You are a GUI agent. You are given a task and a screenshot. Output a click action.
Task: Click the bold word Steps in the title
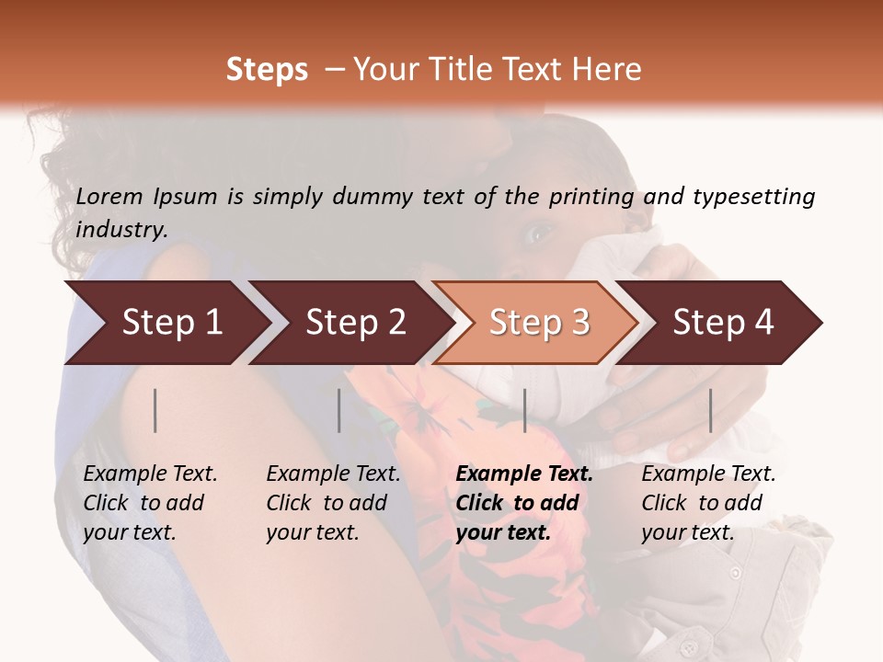pos(267,70)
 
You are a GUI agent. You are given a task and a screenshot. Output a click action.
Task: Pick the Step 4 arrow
pos(721,323)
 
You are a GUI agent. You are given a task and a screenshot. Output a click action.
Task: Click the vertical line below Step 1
pos(155,410)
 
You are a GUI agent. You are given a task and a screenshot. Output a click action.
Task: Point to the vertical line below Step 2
pos(339,410)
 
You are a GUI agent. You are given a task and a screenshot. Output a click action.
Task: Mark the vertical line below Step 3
pos(524,410)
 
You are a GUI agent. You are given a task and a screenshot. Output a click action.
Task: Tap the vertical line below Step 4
pos(710,410)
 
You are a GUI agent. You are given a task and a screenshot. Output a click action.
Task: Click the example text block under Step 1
pos(150,503)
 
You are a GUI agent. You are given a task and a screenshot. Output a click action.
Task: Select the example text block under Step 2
pos(333,503)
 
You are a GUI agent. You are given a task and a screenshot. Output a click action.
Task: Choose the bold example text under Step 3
pos(524,503)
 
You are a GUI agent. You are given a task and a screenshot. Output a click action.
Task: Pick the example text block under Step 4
pos(708,503)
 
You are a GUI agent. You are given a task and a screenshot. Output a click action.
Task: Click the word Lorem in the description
pos(109,197)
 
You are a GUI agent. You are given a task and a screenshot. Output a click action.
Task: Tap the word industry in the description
pos(121,230)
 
